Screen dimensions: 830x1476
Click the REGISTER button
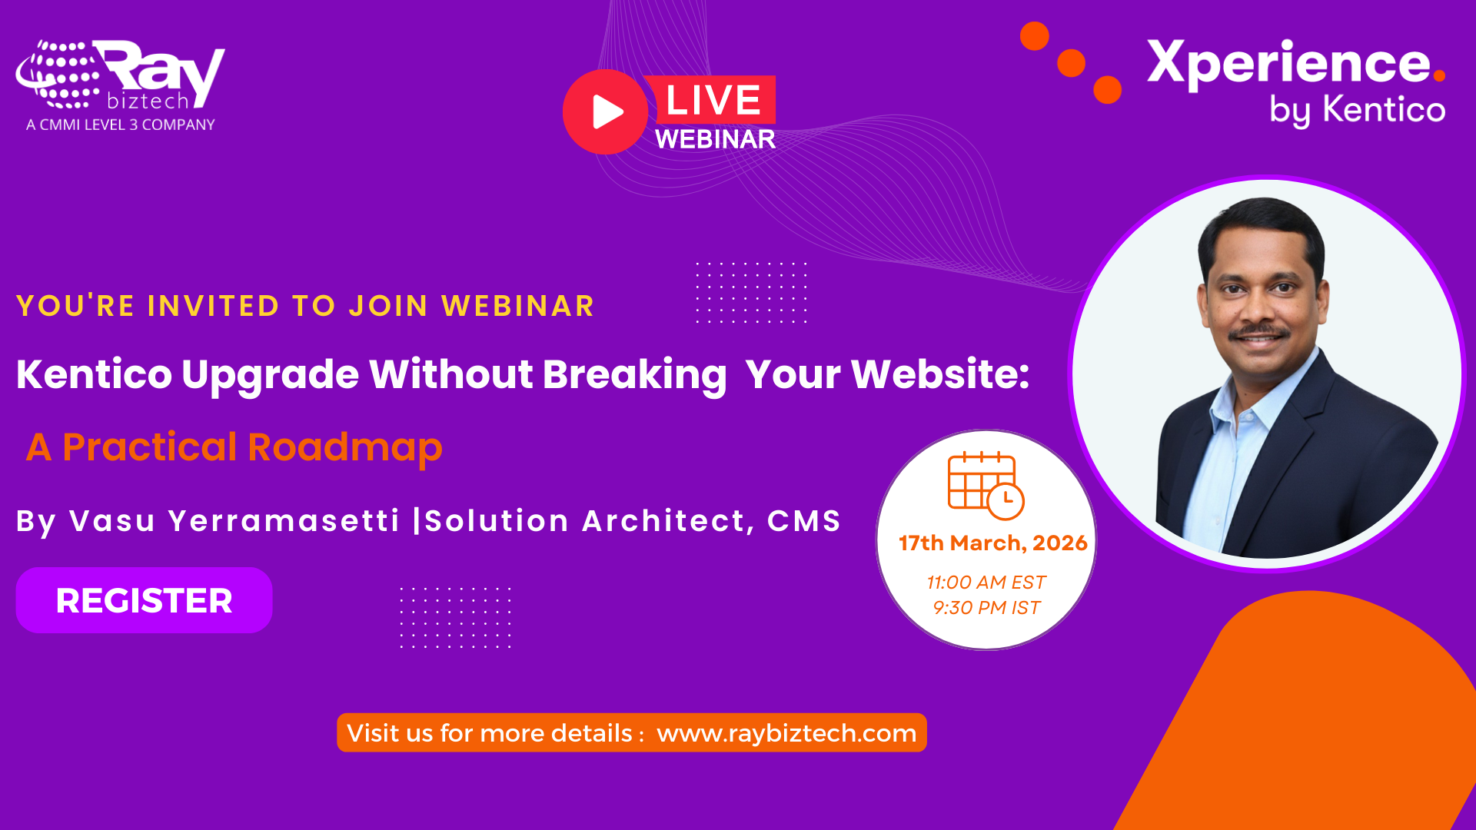tap(144, 600)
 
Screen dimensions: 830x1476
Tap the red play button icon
tap(606, 112)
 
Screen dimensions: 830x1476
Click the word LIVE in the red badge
tap(713, 100)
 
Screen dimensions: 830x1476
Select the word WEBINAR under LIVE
tap(715, 139)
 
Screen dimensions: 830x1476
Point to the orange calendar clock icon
tap(986, 485)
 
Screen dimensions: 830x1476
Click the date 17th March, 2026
tap(992, 543)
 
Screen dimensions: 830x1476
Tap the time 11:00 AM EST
tap(986, 583)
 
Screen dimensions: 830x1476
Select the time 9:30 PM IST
tap(986, 608)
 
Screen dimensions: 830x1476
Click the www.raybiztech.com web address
tap(786, 733)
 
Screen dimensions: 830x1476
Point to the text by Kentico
tap(1357, 110)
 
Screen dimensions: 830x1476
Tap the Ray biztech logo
tap(121, 75)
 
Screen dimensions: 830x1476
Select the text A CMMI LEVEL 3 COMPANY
tap(121, 124)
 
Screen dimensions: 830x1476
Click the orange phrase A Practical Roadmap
tap(234, 447)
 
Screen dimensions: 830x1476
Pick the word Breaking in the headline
tap(634, 375)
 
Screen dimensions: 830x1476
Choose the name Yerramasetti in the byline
tap(284, 521)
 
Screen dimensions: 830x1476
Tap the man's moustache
tap(1258, 332)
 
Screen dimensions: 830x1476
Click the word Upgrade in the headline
tap(270, 375)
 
